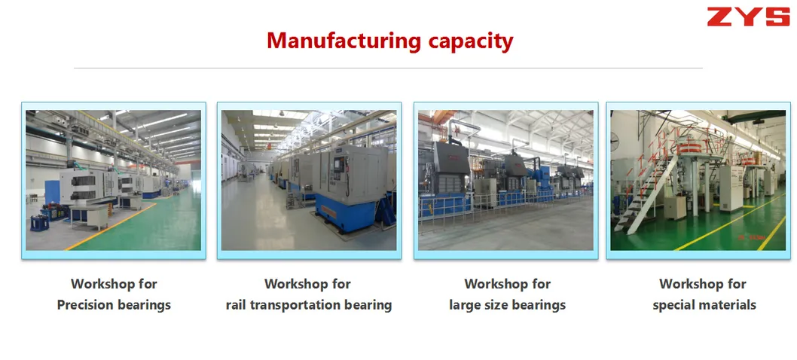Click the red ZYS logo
coord(747,16)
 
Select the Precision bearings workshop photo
coord(114,180)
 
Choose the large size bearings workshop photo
coord(505,180)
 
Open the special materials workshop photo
coord(698,180)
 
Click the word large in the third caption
coord(464,305)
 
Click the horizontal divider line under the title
coord(388,68)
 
